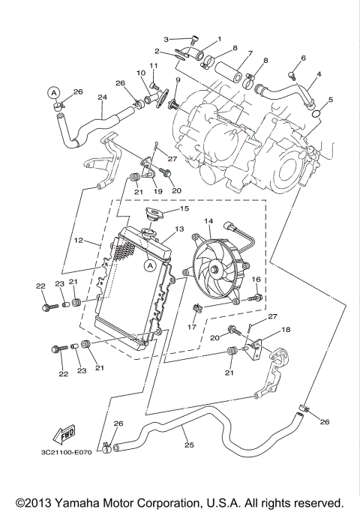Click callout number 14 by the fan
[208, 222]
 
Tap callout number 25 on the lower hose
[189, 445]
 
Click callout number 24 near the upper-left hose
[102, 97]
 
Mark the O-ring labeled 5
[318, 113]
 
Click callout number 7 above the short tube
[250, 54]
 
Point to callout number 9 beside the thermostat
[178, 79]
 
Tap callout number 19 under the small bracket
[157, 191]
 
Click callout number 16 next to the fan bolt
[256, 280]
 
